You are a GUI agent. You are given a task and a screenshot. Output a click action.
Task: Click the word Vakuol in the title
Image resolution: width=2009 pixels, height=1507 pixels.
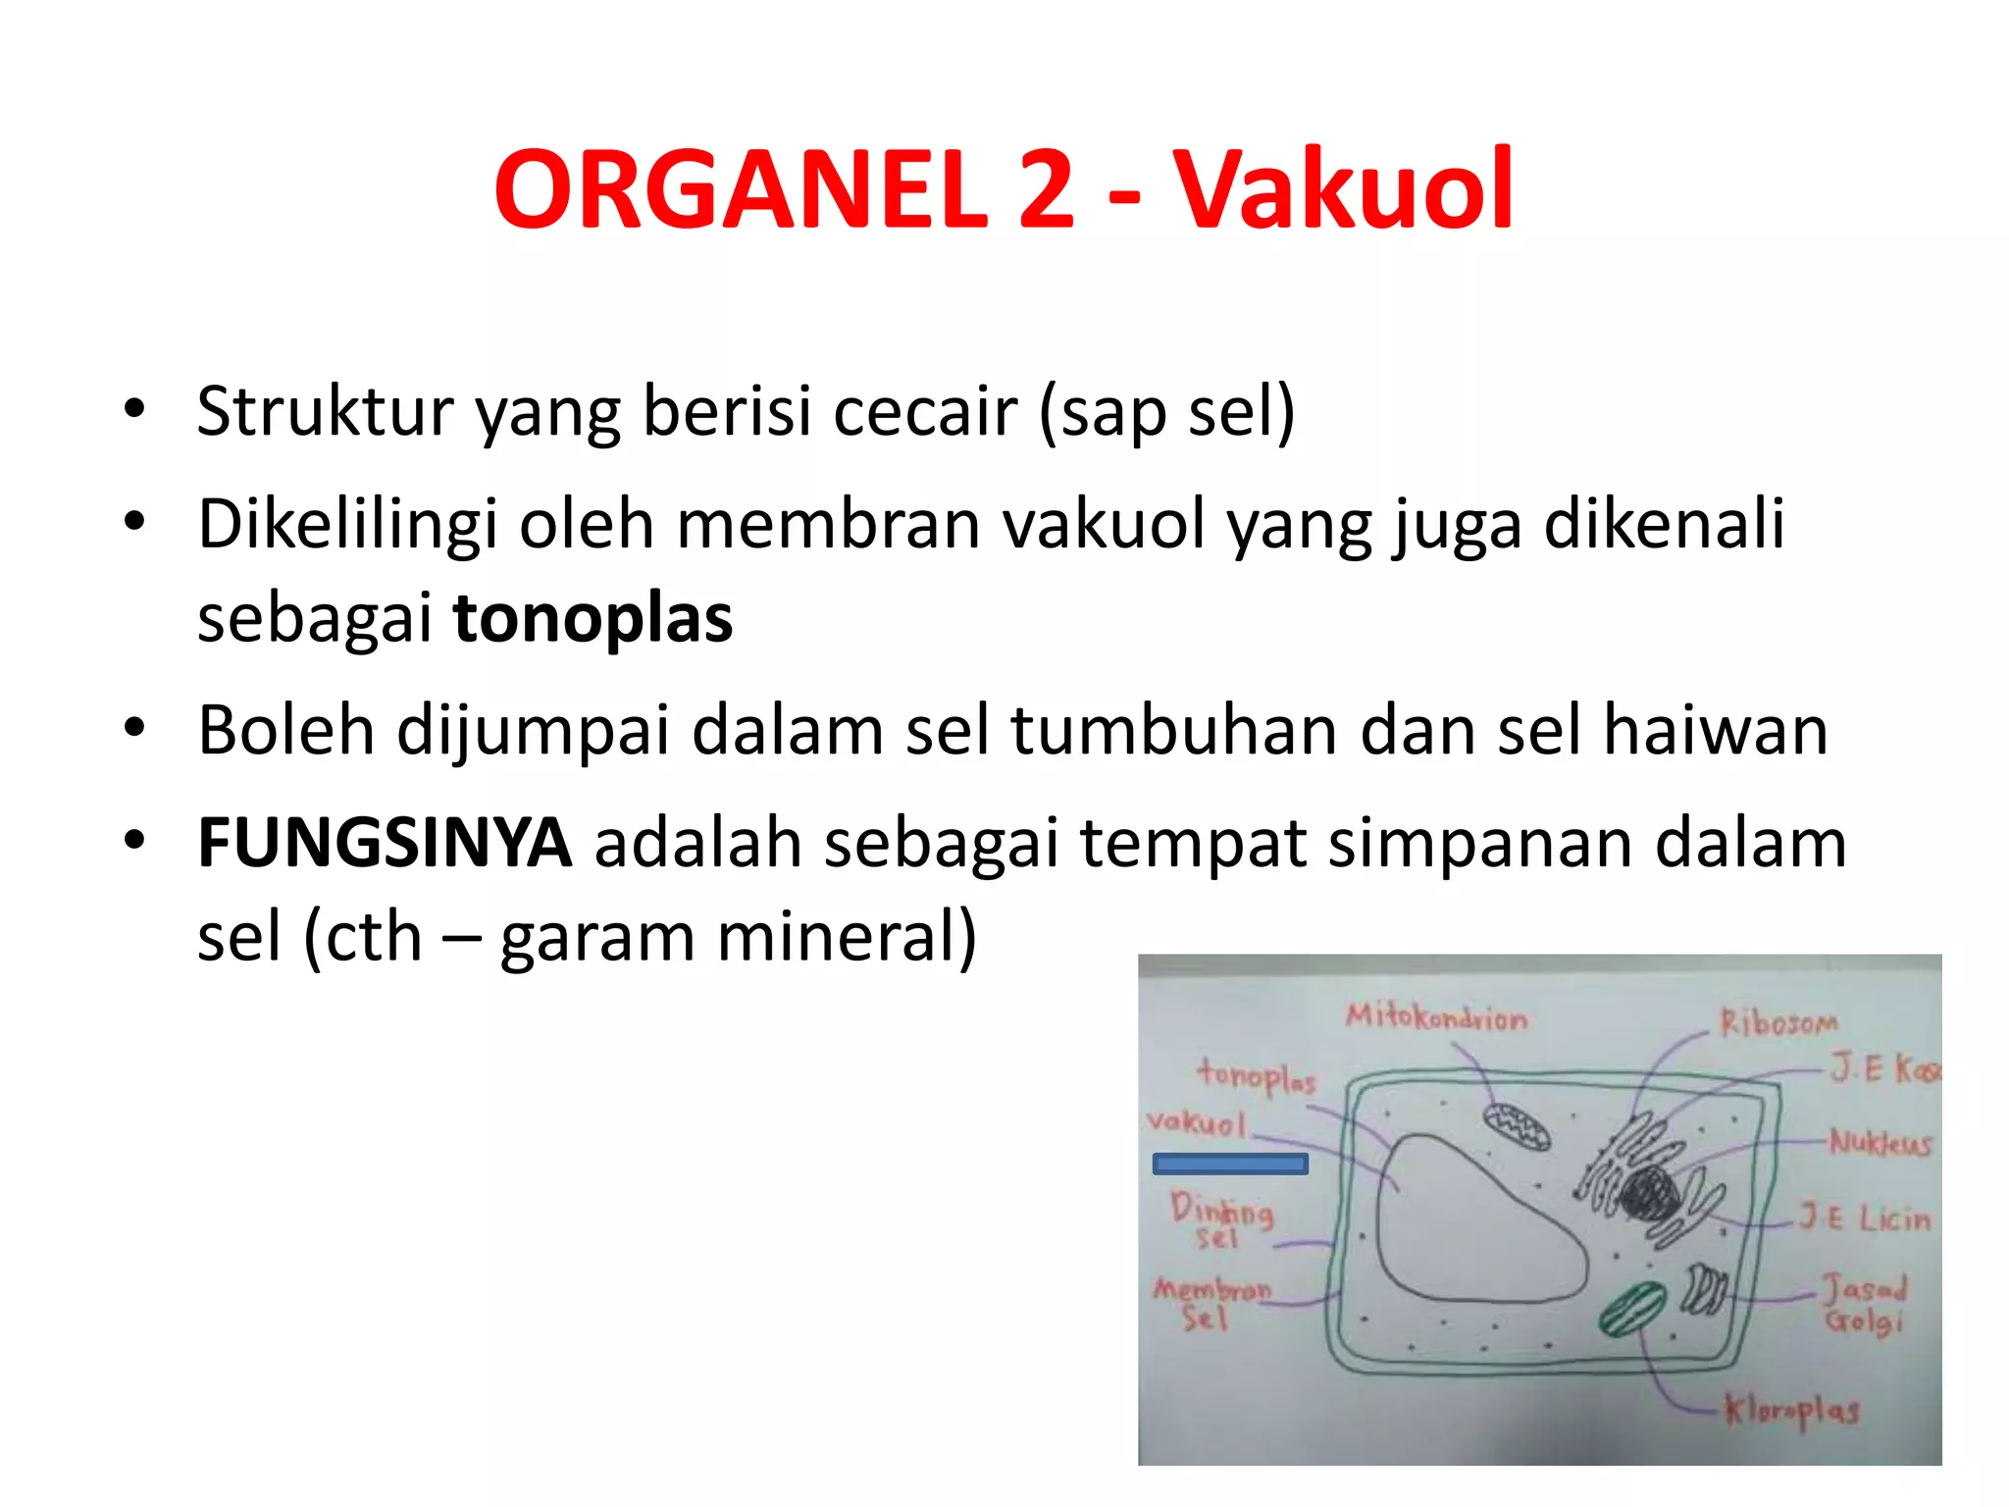click(1344, 188)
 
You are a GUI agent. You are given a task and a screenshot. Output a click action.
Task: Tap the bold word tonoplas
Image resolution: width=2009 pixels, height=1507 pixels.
click(592, 618)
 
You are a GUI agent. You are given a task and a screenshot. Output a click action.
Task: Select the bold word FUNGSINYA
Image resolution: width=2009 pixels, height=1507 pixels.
click(385, 844)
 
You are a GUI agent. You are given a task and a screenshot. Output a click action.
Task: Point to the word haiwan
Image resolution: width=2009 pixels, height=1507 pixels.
click(1715, 731)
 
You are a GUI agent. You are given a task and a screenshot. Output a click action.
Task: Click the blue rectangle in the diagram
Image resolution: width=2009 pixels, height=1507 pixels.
click(1230, 1165)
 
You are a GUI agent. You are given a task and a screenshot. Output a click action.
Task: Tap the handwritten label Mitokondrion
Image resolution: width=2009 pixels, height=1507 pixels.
click(1436, 1017)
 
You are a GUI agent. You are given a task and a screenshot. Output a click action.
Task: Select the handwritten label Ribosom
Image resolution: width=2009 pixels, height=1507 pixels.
click(1777, 1023)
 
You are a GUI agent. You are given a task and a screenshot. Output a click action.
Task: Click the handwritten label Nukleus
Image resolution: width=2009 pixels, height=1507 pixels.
click(1880, 1143)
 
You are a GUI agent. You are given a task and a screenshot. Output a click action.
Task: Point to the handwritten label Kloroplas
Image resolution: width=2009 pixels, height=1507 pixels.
click(1791, 1411)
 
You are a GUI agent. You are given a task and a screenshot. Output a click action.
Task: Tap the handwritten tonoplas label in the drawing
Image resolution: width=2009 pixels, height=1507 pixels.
click(1256, 1076)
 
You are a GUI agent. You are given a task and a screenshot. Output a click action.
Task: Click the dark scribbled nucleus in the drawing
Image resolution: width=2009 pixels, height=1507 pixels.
click(1650, 1195)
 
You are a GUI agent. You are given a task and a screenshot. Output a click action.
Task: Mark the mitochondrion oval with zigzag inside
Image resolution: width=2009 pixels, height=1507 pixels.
click(1517, 1125)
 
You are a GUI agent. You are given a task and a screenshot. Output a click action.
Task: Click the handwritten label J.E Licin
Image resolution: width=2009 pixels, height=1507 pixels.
click(1864, 1220)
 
